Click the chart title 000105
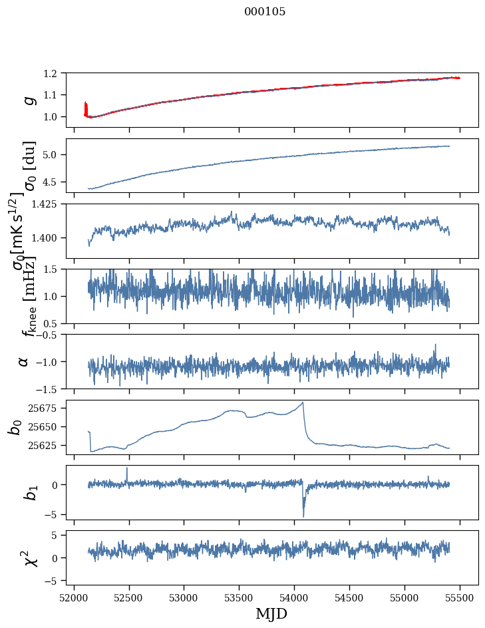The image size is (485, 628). [x=265, y=12]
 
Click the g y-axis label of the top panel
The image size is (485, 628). [x=28, y=100]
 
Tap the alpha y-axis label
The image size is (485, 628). [x=24, y=361]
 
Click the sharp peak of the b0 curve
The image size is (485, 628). [x=303, y=402]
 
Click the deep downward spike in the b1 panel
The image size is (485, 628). [x=303, y=516]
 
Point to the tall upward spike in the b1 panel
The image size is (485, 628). [x=127, y=468]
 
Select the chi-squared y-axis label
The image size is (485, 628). [x=30, y=558]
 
